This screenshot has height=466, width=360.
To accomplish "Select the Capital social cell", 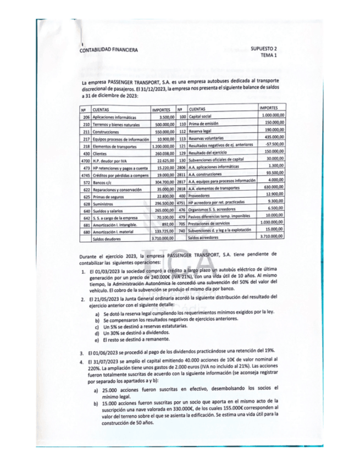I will pos(200,118).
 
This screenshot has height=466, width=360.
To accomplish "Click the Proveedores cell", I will pos(200,196).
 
